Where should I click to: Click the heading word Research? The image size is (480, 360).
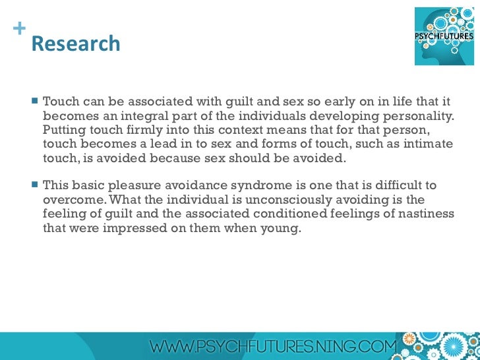[76, 44]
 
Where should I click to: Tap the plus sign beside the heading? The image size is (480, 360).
[18, 29]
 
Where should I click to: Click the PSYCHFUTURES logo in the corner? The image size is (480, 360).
[443, 36]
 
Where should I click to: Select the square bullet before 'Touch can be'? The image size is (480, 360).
[35, 102]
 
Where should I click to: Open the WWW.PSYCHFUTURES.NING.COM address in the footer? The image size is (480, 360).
[273, 346]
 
